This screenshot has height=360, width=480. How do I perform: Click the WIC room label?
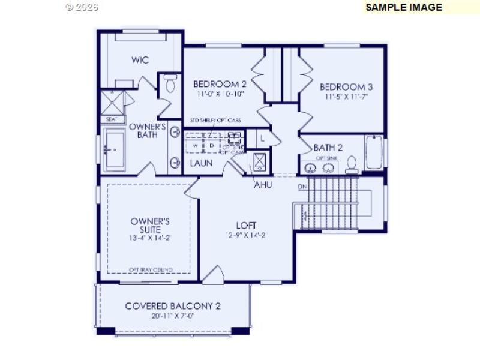140,60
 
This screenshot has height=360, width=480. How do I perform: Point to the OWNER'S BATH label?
148,131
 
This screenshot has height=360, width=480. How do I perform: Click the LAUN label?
202,163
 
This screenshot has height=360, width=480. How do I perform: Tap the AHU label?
263,185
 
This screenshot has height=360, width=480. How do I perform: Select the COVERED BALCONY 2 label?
173,306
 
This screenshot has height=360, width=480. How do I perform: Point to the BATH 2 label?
328,148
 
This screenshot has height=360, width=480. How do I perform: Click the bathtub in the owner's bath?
113,150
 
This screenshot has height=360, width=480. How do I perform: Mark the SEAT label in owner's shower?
112,119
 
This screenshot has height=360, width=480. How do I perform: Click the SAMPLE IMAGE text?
404,7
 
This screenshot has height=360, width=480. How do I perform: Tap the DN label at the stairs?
302,187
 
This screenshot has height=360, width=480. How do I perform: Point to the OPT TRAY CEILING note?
151,269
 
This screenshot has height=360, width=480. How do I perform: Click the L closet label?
262,138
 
